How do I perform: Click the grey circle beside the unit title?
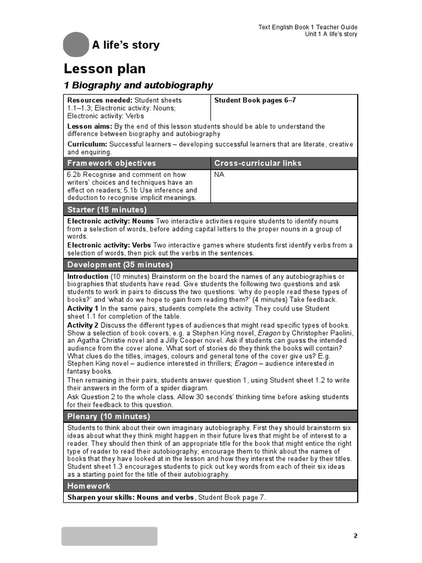pyautogui.click(x=76, y=45)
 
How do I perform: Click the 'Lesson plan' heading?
pyautogui.click(x=105, y=69)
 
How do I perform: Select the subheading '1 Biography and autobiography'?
pyautogui.click(x=138, y=85)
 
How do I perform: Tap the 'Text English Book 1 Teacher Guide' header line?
pyautogui.click(x=308, y=27)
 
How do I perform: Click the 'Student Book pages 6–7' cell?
pyautogui.click(x=255, y=101)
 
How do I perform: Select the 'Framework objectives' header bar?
pyautogui.click(x=112, y=163)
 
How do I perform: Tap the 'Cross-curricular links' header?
pyautogui.click(x=258, y=163)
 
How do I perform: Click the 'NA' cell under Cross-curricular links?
pyautogui.click(x=219, y=175)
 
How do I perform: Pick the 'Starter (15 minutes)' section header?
pyautogui.click(x=107, y=209)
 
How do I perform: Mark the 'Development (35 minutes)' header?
pyautogui.click(x=120, y=264)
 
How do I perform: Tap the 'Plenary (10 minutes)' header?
pyautogui.click(x=109, y=416)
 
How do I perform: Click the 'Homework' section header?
pyautogui.click(x=89, y=486)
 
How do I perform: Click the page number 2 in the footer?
pyautogui.click(x=356, y=536)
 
